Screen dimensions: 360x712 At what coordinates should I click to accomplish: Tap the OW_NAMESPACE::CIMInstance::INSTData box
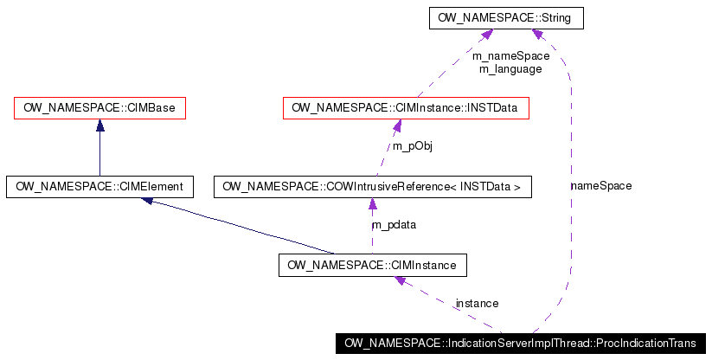point(406,108)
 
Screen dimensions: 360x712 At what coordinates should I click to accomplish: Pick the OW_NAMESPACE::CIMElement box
point(99,186)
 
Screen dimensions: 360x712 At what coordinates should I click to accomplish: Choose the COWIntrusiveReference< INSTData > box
point(372,186)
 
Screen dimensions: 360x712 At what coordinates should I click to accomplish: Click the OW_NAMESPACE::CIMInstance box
point(373,264)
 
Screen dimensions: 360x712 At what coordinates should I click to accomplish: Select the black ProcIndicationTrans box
point(521,343)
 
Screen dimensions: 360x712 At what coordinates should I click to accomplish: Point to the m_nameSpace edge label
point(510,55)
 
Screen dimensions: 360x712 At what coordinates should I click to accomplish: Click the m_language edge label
point(510,68)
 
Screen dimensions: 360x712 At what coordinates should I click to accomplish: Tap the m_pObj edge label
point(412,146)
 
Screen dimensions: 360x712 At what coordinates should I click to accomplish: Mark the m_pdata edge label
point(394,225)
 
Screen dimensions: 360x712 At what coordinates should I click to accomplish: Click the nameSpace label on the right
point(600,185)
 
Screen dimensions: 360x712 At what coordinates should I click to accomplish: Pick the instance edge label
point(477,303)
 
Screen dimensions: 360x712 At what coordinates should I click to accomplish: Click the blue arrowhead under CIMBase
point(100,125)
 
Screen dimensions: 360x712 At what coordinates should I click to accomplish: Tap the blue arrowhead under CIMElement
point(148,201)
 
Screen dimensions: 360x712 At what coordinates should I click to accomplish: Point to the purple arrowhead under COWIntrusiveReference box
point(372,204)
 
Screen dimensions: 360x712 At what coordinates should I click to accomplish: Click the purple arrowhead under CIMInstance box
point(400,281)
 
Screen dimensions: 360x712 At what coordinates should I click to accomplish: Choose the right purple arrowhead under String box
point(537,34)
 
